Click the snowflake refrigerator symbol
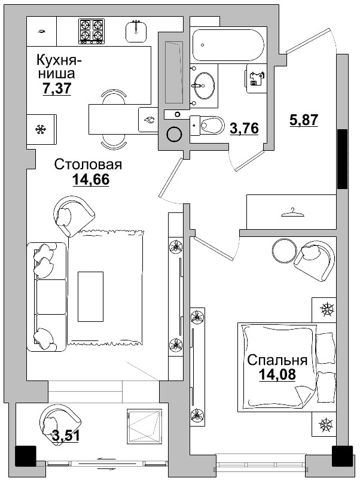click(x=41, y=129)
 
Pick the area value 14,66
click(x=91, y=179)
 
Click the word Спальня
click(x=277, y=360)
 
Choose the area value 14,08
click(x=277, y=375)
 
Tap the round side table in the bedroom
click(x=283, y=249)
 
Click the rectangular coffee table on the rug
click(x=91, y=289)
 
